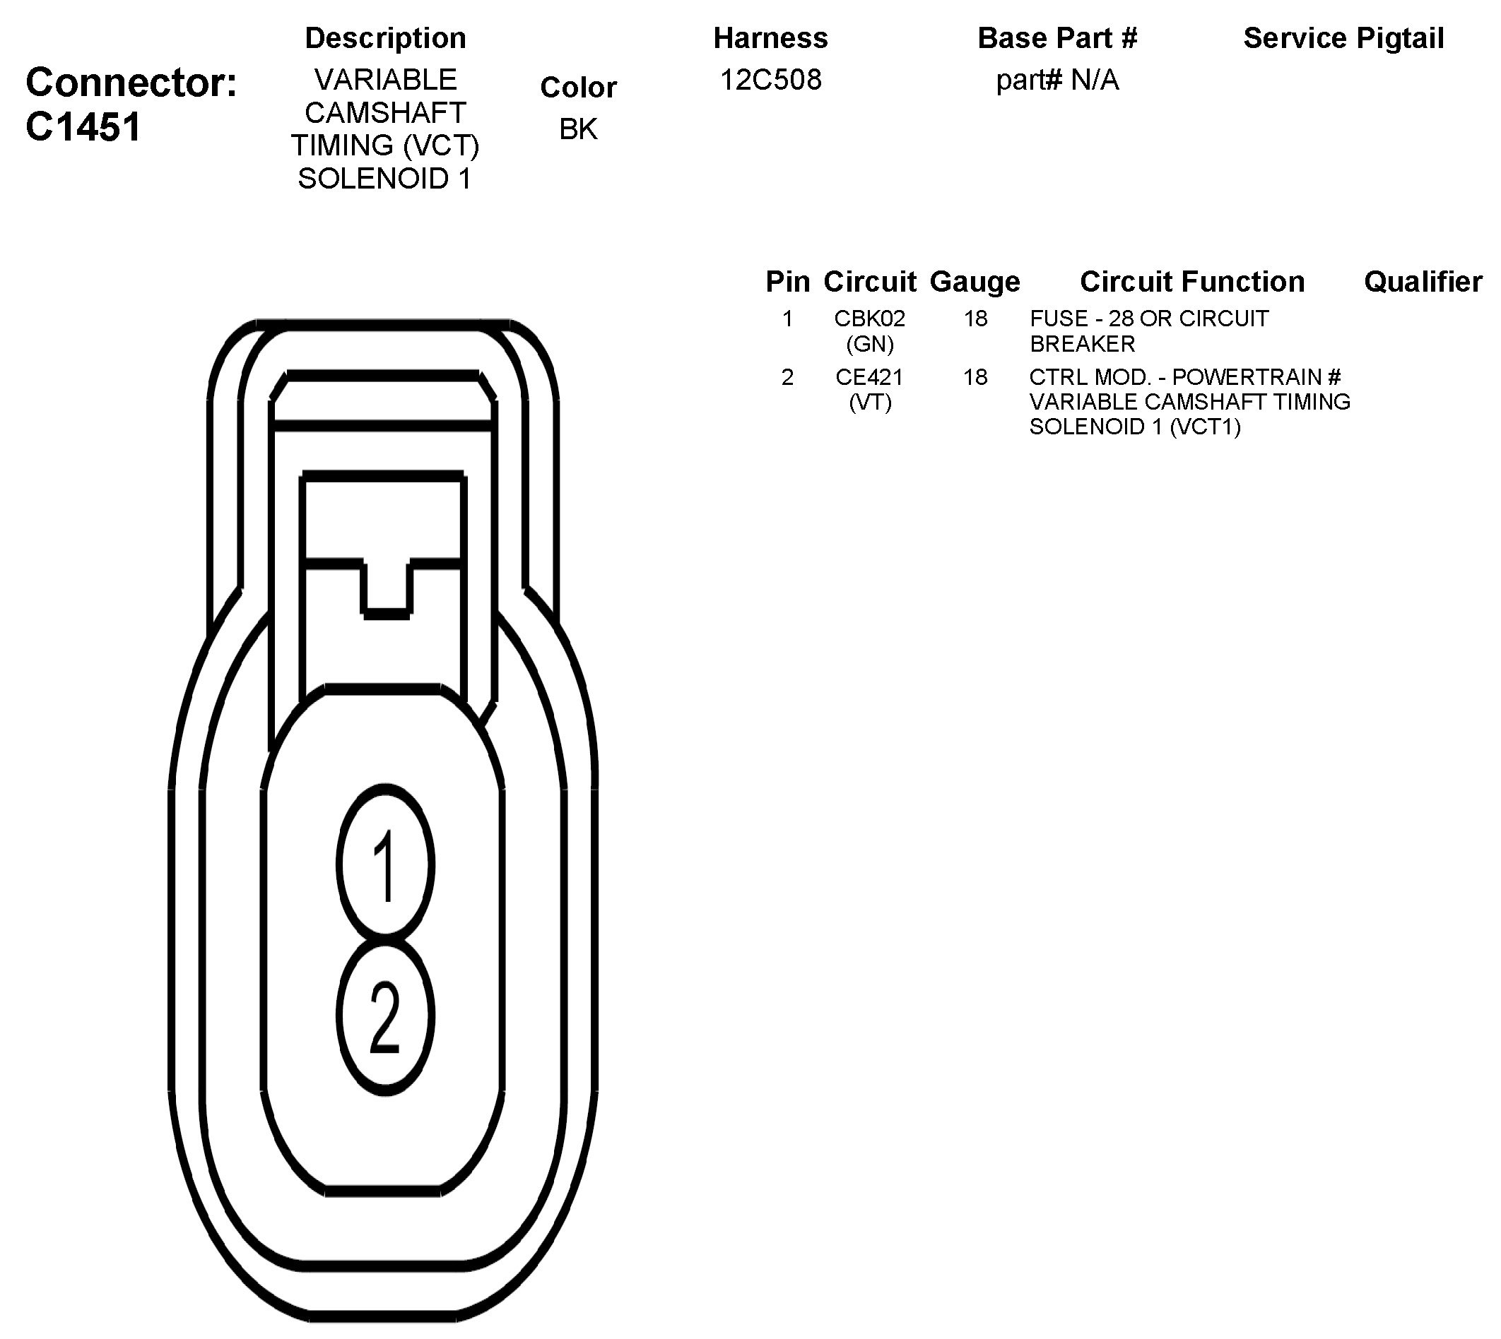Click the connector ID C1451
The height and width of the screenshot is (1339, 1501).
83,126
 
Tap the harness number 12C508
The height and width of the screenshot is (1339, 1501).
770,80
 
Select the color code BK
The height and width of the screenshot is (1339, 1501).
578,129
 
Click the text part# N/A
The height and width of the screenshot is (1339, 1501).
1057,80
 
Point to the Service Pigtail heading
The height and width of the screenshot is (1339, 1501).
1343,38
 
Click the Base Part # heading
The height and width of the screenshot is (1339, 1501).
1057,38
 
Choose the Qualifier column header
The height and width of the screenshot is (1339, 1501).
1423,282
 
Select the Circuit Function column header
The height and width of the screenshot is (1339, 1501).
1191,282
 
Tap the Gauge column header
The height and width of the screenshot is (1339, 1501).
975,282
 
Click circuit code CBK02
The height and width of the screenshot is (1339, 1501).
869,319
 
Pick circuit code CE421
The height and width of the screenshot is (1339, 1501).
869,377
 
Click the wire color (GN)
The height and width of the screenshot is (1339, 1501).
869,344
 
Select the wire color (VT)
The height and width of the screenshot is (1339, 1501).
869,403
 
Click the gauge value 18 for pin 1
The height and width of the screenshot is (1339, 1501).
975,319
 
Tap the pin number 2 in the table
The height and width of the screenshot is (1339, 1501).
787,377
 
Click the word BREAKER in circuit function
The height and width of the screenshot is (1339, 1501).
1082,344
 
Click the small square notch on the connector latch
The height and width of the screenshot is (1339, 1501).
387,588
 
